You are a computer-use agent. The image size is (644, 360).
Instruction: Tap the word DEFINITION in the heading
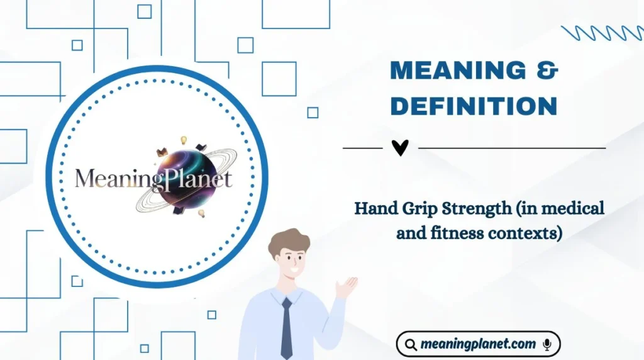point(474,106)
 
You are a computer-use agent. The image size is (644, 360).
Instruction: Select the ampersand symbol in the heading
point(548,71)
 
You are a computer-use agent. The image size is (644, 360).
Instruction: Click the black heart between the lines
point(400,148)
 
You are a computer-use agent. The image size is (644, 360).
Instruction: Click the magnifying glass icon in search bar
point(411,345)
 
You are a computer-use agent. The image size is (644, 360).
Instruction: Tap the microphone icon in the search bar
point(547,344)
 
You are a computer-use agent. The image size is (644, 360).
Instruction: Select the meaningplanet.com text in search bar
point(478,344)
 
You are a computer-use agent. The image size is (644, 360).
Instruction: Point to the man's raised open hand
point(345,287)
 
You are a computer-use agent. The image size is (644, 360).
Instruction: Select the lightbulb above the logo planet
point(184,140)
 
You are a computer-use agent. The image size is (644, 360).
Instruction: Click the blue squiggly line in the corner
point(601,33)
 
